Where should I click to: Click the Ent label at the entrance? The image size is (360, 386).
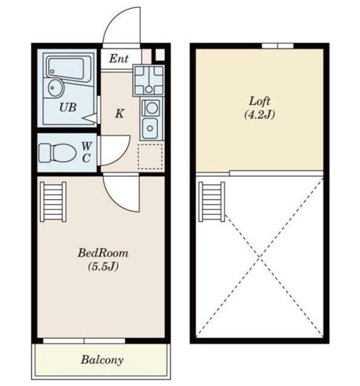click(119, 59)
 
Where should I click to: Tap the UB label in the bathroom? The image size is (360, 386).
click(68, 107)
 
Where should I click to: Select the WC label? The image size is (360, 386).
click(86, 153)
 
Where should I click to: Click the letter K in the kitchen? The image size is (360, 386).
click(119, 114)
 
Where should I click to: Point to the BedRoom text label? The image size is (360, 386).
click(103, 253)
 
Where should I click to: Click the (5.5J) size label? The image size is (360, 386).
click(103, 267)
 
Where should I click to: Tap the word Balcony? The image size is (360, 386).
click(102, 360)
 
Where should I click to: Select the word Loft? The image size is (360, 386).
click(260, 101)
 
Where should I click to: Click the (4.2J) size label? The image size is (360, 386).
click(260, 115)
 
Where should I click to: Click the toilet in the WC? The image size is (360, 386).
click(57, 153)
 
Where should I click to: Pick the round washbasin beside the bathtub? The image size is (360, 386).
click(56, 88)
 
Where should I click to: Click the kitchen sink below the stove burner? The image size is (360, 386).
click(150, 128)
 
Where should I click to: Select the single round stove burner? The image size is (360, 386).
click(151, 108)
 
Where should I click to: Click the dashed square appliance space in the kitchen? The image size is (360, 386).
click(150, 157)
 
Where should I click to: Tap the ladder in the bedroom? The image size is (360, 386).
click(53, 202)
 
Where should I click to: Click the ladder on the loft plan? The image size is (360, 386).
click(212, 202)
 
